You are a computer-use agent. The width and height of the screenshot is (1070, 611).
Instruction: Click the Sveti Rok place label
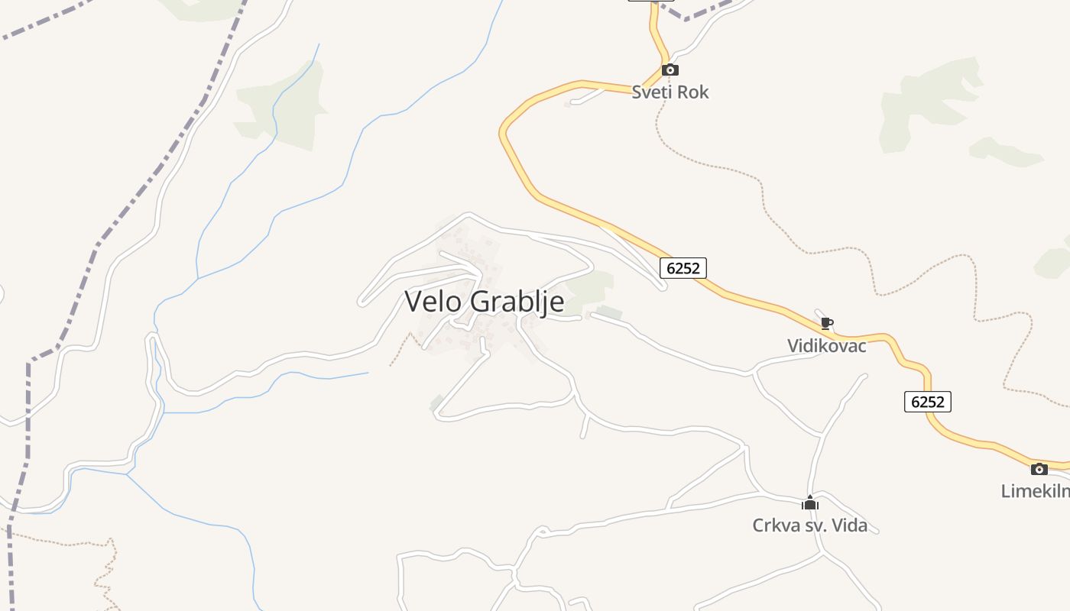[670, 92]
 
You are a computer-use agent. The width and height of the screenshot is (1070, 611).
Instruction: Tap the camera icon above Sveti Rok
[670, 70]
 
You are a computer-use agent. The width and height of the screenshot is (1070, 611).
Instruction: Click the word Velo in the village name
[433, 301]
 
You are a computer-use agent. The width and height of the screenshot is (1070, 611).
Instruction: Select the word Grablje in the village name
[517, 302]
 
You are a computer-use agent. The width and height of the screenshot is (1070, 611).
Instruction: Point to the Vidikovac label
[827, 346]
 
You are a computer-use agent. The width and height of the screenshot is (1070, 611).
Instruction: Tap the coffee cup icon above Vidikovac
[826, 323]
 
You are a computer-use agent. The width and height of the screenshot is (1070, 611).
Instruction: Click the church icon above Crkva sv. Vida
[810, 503]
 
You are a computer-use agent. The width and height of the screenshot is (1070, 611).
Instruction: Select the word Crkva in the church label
[774, 525]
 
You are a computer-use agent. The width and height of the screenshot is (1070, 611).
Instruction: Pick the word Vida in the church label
[850, 525]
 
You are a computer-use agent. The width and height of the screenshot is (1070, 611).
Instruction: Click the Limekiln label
[1036, 491]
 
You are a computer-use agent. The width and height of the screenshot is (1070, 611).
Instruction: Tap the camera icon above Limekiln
[1039, 469]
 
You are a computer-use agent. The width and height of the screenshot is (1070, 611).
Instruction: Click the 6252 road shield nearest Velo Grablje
[683, 268]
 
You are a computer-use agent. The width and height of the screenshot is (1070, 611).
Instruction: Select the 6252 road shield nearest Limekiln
[928, 402]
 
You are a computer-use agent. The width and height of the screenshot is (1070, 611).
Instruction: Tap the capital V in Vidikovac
[793, 346]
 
